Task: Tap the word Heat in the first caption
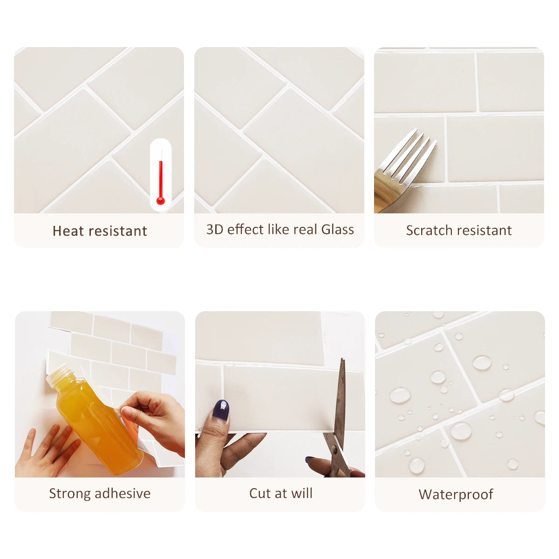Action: pyautogui.click(x=69, y=231)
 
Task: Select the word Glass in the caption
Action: pyautogui.click(x=338, y=230)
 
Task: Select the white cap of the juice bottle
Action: pyautogui.click(x=58, y=375)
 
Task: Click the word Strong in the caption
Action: pyautogui.click(x=70, y=494)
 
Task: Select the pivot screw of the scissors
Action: pyautogui.click(x=335, y=449)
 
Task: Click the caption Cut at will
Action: pyautogui.click(x=281, y=493)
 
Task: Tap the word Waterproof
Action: pyautogui.click(x=456, y=495)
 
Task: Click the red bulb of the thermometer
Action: pyautogui.click(x=160, y=200)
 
